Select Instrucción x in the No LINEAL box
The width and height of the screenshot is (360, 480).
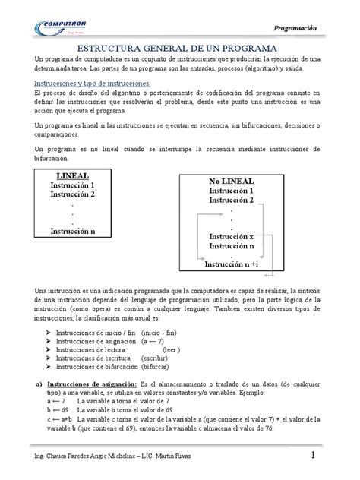click(232, 238)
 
